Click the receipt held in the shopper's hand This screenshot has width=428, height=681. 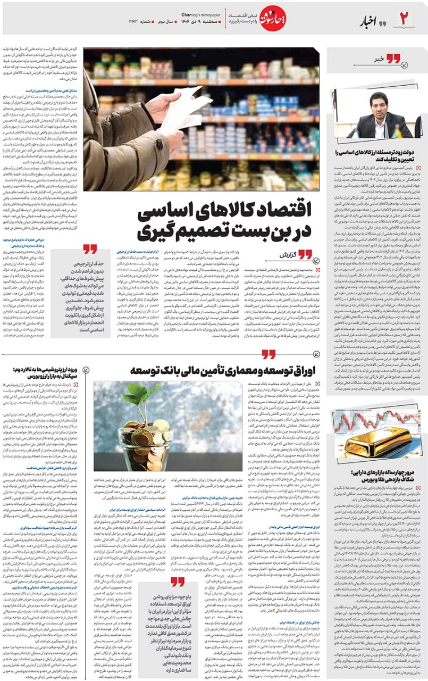click(182, 107)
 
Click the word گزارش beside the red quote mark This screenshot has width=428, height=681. click(282, 255)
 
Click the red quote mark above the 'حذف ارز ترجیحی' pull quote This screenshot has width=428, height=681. click(90, 250)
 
